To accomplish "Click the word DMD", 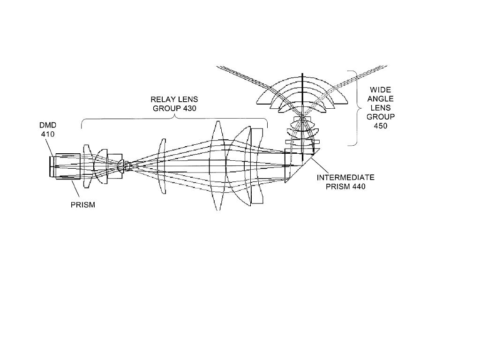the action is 48,125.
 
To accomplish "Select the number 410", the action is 48,134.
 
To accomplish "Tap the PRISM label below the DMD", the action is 83,205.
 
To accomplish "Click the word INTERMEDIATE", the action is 345,178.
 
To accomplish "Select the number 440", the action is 359,187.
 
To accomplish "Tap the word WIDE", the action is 381,90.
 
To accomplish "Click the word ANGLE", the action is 381,99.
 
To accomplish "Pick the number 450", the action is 381,126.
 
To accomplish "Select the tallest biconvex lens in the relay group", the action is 217,165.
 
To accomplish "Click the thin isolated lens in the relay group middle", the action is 162,165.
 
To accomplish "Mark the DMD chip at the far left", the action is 51,166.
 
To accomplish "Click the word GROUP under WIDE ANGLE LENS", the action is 381,117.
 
